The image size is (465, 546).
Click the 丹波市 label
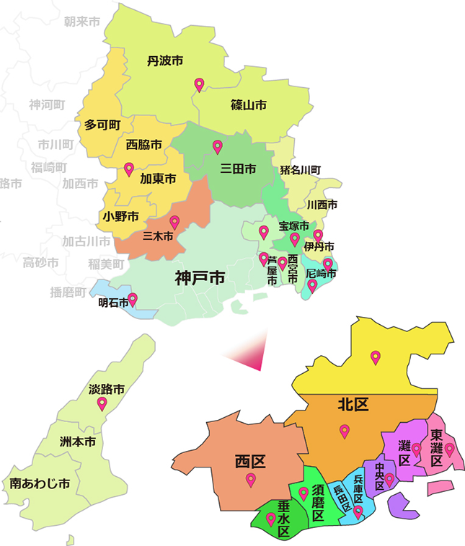tap(165, 60)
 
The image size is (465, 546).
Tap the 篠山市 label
tap(249, 105)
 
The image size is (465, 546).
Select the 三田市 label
tap(238, 170)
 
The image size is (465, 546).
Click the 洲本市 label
tap(76, 441)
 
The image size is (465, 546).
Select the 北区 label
tap(353, 405)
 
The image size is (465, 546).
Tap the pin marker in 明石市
tap(133, 300)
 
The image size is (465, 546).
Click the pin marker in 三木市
tap(174, 222)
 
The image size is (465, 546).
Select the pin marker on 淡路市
tap(102, 404)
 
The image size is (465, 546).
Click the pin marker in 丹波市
tap(199, 84)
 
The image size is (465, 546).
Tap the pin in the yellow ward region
tap(375, 357)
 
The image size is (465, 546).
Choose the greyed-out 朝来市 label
tap(81, 22)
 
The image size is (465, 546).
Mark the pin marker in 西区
tap(251, 480)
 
